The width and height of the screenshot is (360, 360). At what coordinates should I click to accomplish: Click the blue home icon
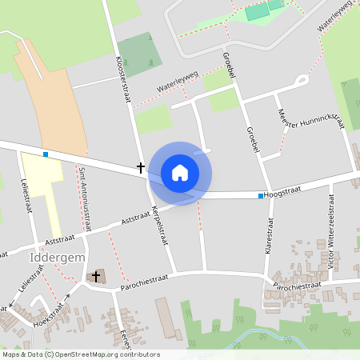pyautogui.click(x=180, y=172)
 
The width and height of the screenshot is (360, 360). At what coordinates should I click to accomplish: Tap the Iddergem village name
pyautogui.click(x=52, y=258)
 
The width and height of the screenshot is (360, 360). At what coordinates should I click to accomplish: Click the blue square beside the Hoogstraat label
pyautogui.click(x=261, y=195)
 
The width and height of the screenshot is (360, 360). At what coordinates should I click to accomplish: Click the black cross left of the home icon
pyautogui.click(x=141, y=168)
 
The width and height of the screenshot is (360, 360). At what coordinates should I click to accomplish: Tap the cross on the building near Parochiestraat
pyautogui.click(x=97, y=276)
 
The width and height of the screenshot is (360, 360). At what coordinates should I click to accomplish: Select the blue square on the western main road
pyautogui.click(x=46, y=154)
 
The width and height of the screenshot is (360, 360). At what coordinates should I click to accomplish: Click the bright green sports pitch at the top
pyautogui.click(x=258, y=12)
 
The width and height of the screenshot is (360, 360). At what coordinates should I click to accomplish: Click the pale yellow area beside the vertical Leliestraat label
pyautogui.click(x=40, y=184)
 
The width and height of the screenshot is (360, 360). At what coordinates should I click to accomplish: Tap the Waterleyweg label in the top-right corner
pyautogui.click(x=335, y=16)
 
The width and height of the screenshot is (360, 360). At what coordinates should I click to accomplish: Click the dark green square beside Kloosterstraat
pyautogui.click(x=140, y=53)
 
